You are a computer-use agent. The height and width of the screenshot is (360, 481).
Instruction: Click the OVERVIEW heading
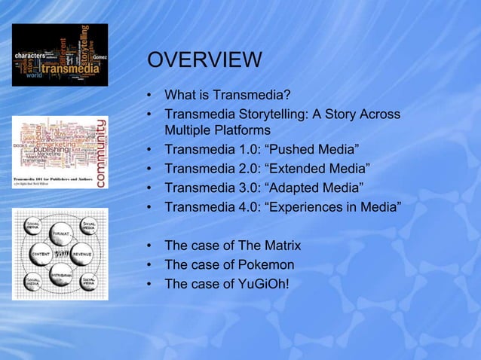[204, 61]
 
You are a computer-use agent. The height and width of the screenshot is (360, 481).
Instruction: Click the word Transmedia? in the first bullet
[252, 96]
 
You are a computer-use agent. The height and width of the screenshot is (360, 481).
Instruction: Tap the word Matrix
[280, 246]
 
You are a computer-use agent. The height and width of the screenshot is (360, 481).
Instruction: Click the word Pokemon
[268, 264]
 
